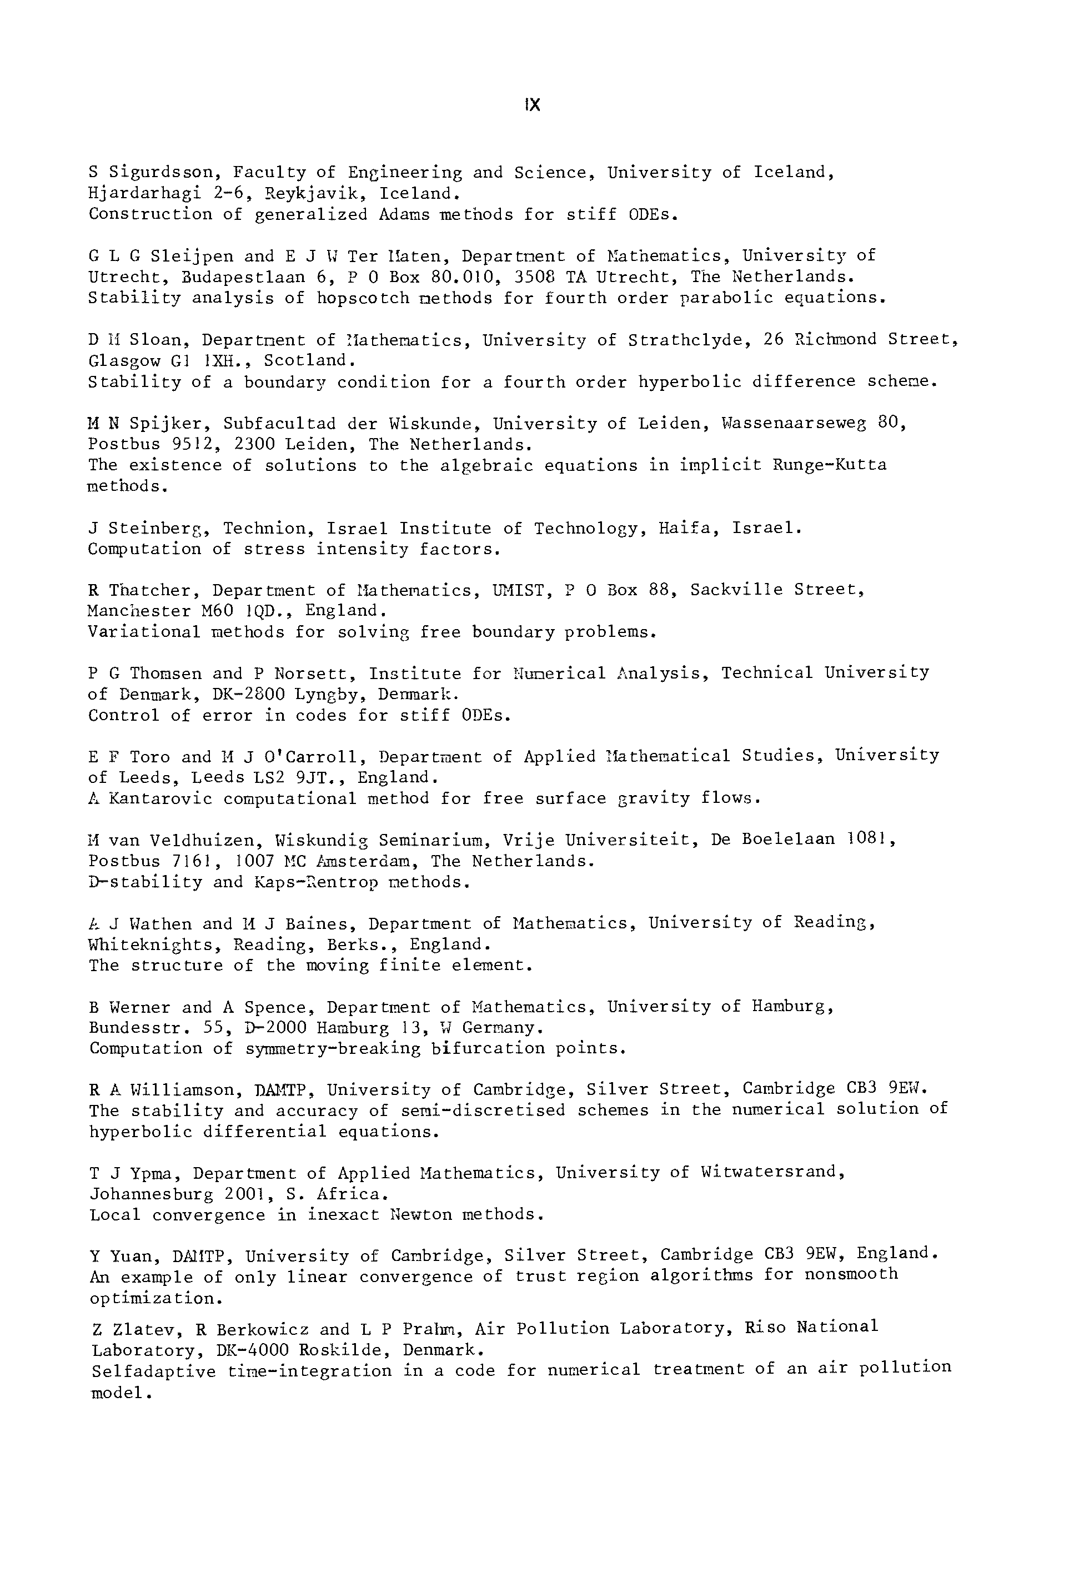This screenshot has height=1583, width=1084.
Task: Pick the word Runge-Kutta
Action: coord(829,465)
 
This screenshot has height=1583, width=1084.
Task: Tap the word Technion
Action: coord(264,529)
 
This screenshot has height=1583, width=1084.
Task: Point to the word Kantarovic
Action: coord(160,798)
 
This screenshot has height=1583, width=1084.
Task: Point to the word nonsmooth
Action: coord(851,1274)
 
